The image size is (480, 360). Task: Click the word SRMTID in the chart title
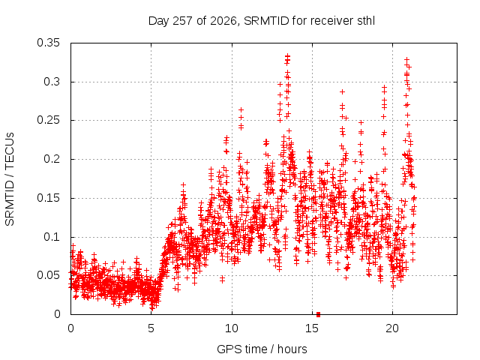point(266,21)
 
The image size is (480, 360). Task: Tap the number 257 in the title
point(182,21)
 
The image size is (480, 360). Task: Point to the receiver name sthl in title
point(366,21)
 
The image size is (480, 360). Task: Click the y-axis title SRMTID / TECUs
point(10,179)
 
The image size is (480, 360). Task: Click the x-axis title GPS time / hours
point(262,349)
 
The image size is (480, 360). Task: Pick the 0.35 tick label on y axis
point(48,43)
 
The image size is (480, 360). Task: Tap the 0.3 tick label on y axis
point(52,82)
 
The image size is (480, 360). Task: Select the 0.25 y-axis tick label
point(48,120)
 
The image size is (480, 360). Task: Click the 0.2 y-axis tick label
point(52,159)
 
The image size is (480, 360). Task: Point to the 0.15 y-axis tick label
point(48,198)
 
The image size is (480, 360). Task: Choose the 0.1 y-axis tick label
point(52,237)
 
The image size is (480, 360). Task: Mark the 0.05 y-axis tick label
point(48,275)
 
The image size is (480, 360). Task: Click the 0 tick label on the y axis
point(57,314)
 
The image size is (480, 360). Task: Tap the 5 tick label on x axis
point(151,328)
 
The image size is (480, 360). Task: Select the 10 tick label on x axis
point(232,328)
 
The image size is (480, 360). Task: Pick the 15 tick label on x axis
point(312,328)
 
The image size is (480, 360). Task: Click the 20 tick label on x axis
point(392,328)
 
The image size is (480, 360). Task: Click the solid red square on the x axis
point(318,314)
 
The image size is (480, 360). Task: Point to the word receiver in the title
point(331,21)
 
